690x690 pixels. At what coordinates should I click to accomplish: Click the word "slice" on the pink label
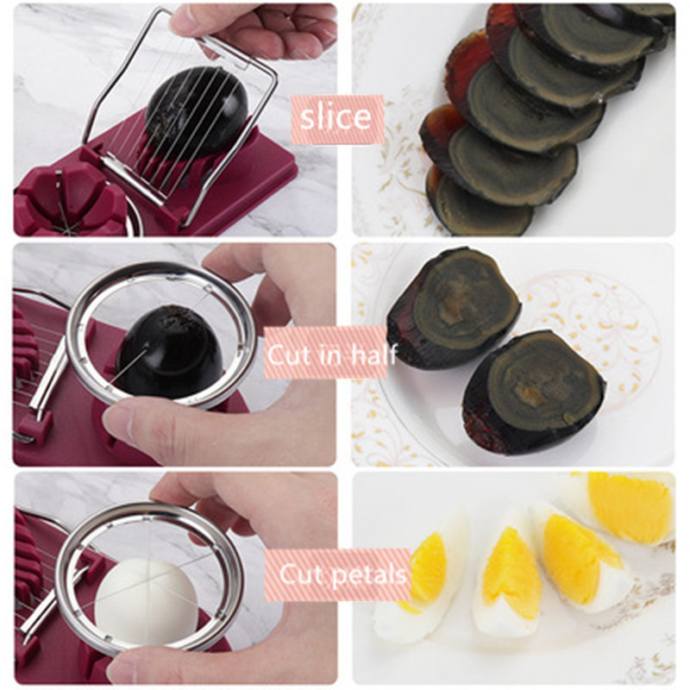pos(336,117)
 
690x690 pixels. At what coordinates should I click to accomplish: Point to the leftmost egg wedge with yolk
pos(414,580)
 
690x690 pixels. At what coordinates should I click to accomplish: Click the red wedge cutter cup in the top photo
pos(71,198)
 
